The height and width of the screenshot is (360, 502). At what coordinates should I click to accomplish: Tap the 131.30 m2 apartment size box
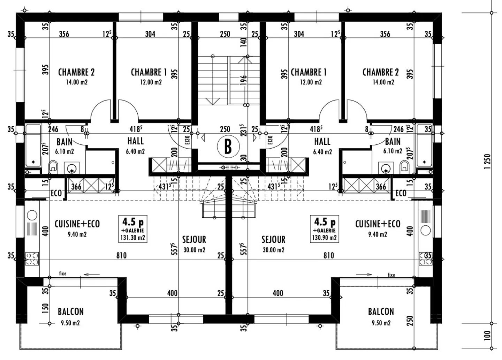click(132, 228)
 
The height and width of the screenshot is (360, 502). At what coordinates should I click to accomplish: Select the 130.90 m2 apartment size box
click(324, 228)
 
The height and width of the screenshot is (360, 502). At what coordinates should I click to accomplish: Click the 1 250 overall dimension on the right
click(487, 162)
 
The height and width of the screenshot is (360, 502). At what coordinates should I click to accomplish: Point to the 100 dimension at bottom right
click(487, 336)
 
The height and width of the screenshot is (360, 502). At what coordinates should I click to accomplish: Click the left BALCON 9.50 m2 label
click(70, 316)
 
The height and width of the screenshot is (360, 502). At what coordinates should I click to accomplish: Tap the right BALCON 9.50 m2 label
click(381, 316)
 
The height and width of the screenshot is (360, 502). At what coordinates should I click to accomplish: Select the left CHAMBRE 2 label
click(76, 76)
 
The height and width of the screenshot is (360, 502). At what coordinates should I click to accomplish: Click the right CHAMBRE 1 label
click(309, 76)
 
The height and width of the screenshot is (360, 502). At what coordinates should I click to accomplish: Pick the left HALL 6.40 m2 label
click(135, 145)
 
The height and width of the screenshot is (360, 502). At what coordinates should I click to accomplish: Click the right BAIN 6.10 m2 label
click(393, 145)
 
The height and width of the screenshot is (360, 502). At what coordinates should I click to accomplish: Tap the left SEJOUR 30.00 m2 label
click(194, 244)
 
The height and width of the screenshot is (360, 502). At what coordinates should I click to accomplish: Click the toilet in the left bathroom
click(53, 166)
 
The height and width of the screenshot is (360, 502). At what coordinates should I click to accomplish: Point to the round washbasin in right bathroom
click(386, 168)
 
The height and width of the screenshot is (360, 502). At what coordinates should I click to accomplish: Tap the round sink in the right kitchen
click(426, 230)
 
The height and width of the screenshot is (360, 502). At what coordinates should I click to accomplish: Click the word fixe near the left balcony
click(62, 273)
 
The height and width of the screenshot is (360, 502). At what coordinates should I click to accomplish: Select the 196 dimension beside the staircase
click(244, 80)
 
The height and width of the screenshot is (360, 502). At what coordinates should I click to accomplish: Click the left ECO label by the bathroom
click(56, 193)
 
